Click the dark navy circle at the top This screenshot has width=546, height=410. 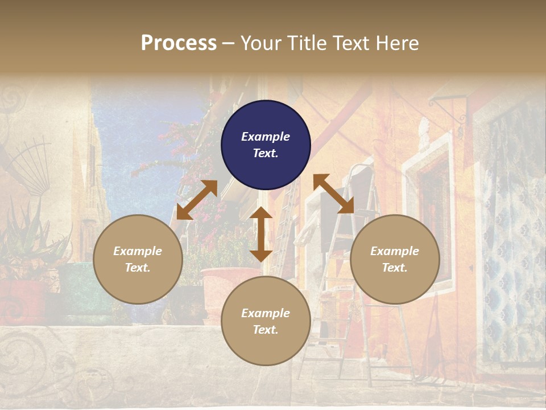click(x=266, y=145)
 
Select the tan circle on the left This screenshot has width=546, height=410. click(x=138, y=259)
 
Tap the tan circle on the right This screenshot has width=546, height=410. click(x=394, y=259)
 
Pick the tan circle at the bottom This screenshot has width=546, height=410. click(x=266, y=321)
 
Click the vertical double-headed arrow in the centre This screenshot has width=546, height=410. click(x=261, y=234)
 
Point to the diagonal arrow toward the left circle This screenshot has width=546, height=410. click(x=197, y=200)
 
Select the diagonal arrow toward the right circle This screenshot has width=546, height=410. click(x=333, y=194)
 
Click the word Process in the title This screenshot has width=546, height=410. click(x=179, y=43)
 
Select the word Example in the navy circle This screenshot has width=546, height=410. click(x=266, y=137)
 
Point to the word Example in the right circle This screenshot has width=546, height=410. click(x=394, y=251)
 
